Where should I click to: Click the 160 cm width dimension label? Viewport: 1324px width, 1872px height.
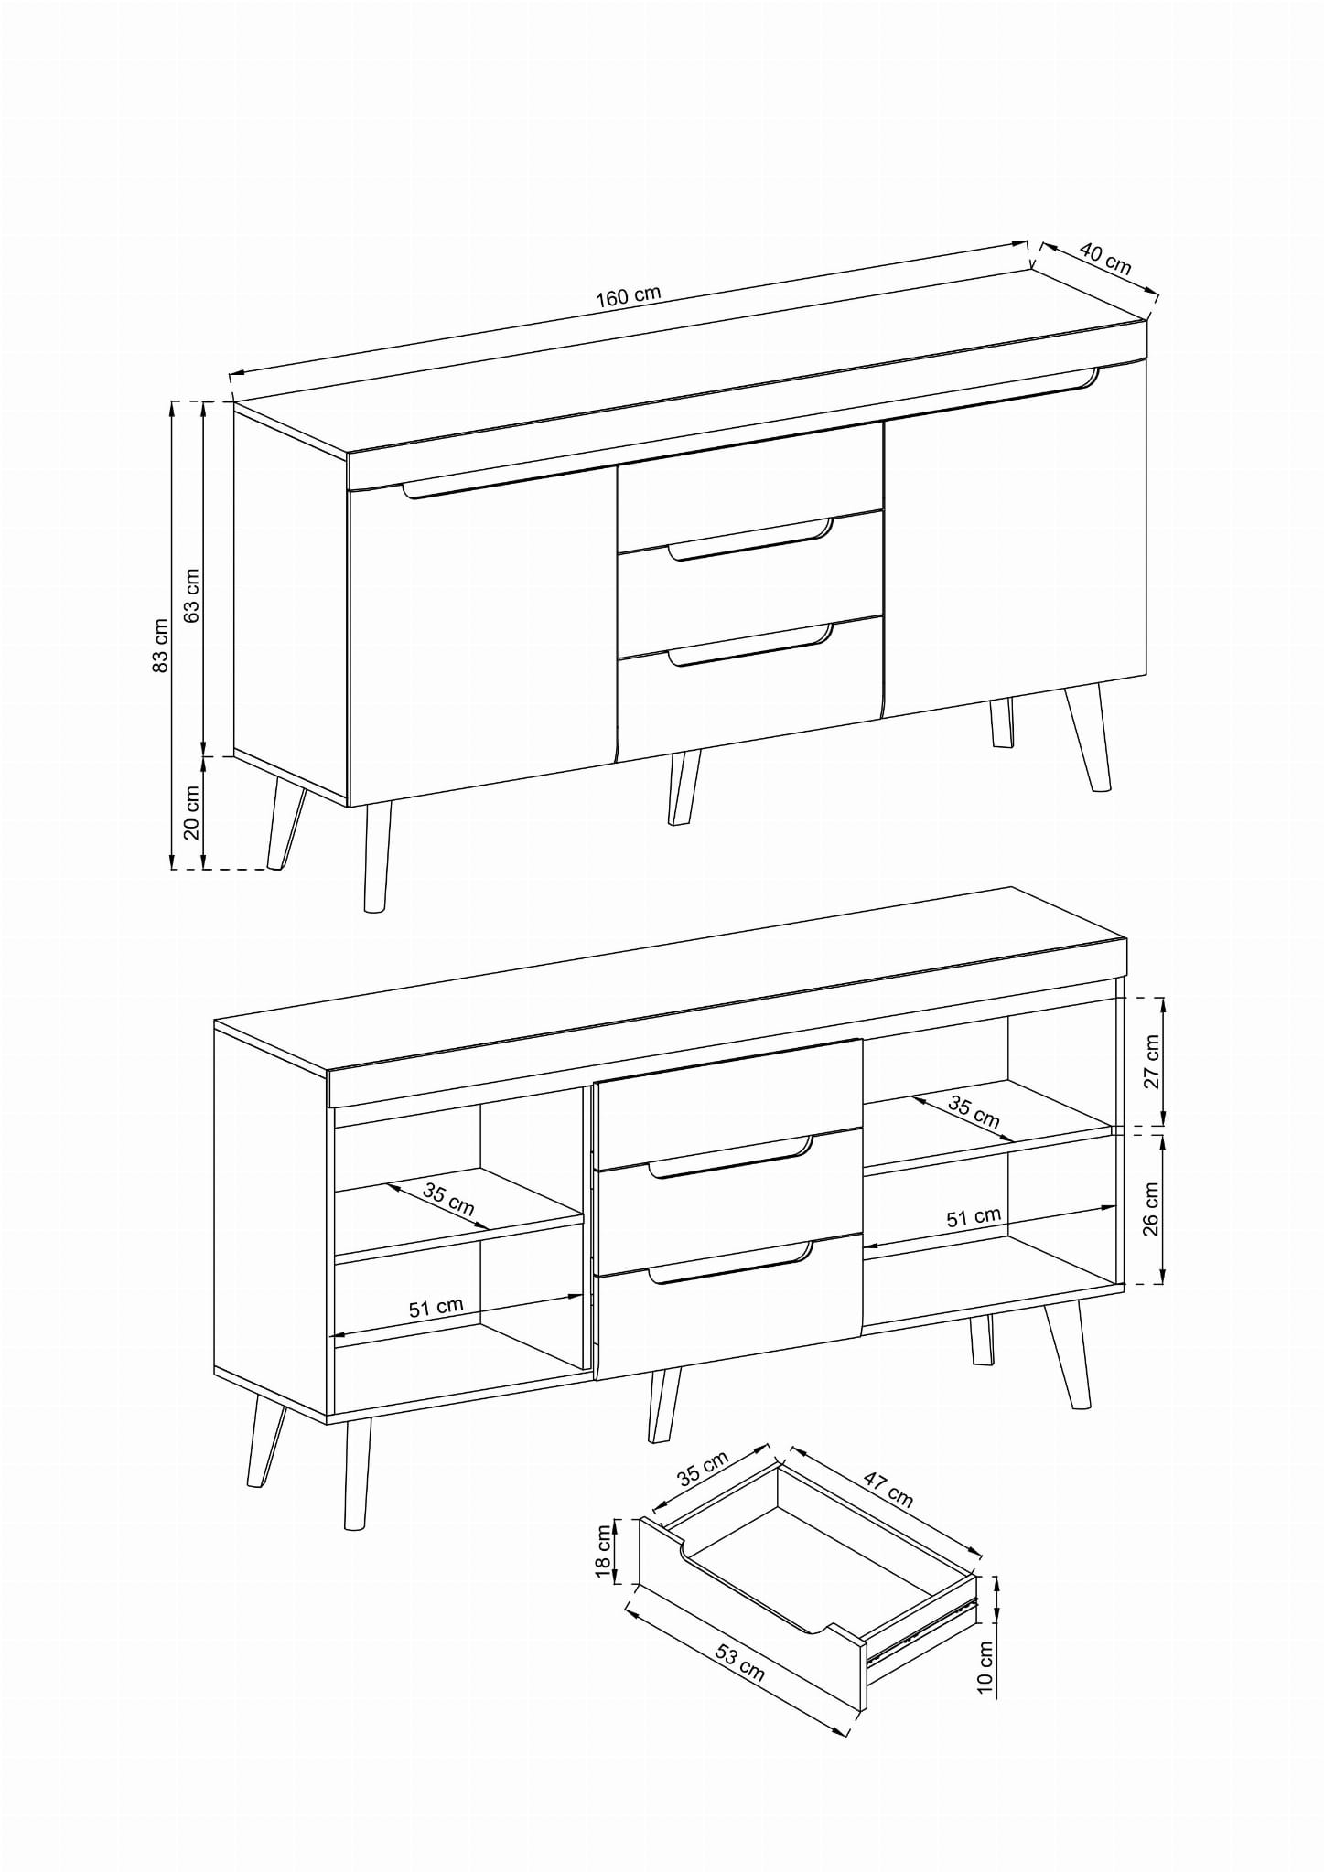[x=628, y=296]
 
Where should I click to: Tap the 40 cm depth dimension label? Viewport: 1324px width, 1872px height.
[x=1105, y=258]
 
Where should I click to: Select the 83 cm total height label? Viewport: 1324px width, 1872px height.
[x=160, y=646]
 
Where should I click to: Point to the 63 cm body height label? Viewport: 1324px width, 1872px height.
[x=192, y=595]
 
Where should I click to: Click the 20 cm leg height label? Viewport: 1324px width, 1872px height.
[x=192, y=812]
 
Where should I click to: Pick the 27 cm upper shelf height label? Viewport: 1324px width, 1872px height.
[x=1151, y=1061]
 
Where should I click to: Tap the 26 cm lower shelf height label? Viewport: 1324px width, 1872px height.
[x=1151, y=1209]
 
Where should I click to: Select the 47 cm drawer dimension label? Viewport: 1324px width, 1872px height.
[x=887, y=1489]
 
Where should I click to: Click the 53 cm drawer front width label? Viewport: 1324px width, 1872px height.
[x=739, y=1662]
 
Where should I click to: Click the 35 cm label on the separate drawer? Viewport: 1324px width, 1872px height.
[x=703, y=1468]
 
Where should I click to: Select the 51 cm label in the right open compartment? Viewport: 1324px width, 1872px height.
[x=974, y=1217]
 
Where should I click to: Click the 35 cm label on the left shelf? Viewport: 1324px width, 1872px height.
[x=449, y=1199]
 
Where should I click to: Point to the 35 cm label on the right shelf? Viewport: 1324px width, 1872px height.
[x=974, y=1111]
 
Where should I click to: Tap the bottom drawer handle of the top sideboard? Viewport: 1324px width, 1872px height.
[x=750, y=644]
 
